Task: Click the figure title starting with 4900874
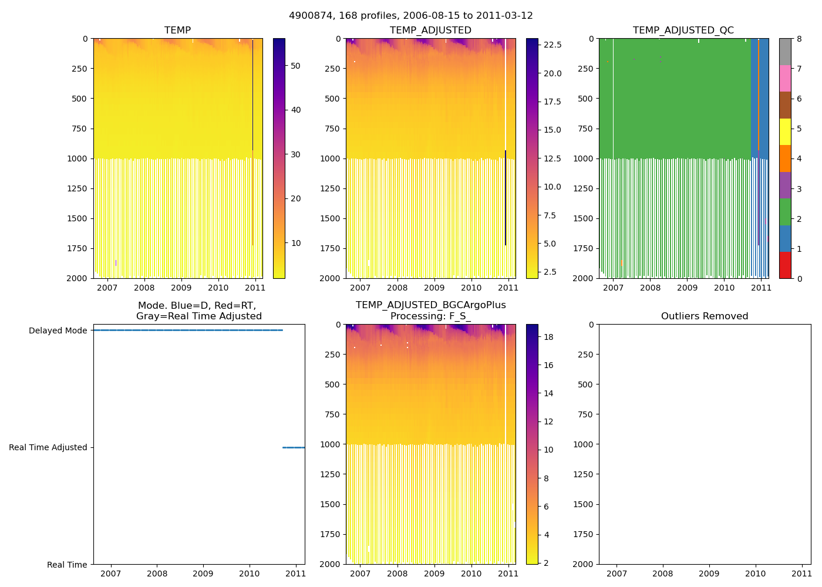pyautogui.click(x=410, y=16)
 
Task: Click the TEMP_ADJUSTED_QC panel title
pyautogui.click(x=683, y=31)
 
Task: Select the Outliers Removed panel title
pyautogui.click(x=704, y=316)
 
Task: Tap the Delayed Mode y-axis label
pyautogui.click(x=58, y=331)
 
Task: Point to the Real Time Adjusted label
pyautogui.click(x=48, y=448)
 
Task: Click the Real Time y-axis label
pyautogui.click(x=67, y=565)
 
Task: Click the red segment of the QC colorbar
pyautogui.click(x=785, y=265)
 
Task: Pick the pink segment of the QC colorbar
pyautogui.click(x=785, y=79)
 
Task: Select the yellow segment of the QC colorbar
pyautogui.click(x=785, y=131)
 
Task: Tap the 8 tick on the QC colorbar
pyautogui.click(x=799, y=39)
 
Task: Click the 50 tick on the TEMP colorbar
pyautogui.click(x=295, y=66)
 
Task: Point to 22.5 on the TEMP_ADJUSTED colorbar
pyautogui.click(x=553, y=45)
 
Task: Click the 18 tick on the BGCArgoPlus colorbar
pyautogui.click(x=549, y=337)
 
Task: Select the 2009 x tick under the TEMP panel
pyautogui.click(x=181, y=288)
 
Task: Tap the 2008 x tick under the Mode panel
pyautogui.click(x=157, y=573)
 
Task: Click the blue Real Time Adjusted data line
pyautogui.click(x=293, y=447)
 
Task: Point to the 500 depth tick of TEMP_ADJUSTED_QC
pyautogui.click(x=585, y=99)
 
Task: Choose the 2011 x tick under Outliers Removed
pyautogui.click(x=801, y=573)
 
